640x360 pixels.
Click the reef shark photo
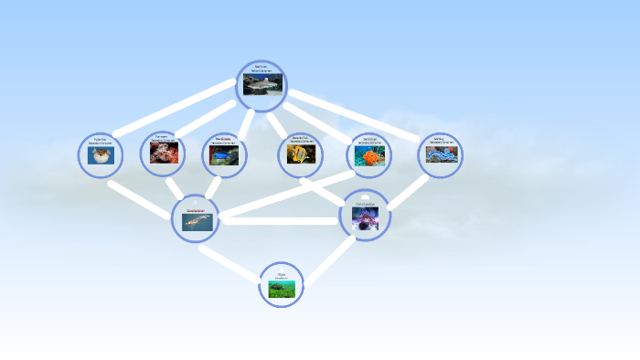(261, 85)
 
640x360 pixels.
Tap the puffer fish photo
(100, 155)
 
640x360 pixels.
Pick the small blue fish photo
(223, 156)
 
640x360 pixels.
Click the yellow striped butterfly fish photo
(300, 155)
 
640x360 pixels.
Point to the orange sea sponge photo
(368, 156)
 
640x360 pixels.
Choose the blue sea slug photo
(441, 155)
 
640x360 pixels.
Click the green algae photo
(281, 290)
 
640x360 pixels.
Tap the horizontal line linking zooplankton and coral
(279, 220)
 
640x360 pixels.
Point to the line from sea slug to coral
(408, 193)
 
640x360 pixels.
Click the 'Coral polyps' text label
(365, 204)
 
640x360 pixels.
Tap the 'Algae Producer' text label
(281, 275)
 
